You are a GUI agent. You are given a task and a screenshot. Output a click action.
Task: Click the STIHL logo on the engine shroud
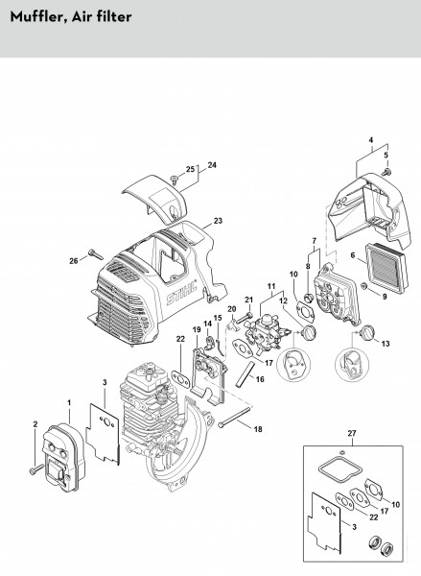pos(181,293)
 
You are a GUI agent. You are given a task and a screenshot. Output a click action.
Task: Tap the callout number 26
pos(74,261)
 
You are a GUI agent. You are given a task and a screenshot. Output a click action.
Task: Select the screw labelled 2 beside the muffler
pos(36,469)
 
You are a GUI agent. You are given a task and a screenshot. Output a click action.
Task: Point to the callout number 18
pos(258,429)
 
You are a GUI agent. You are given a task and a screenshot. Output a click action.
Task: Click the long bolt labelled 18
pos(235,416)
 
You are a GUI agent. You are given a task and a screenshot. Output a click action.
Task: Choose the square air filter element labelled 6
pos(386,269)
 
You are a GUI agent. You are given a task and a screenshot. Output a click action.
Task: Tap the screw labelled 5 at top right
pos(386,172)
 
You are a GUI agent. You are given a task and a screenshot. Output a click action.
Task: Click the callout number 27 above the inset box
pos(352,434)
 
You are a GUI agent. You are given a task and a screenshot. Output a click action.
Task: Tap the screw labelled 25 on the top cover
pos(174,180)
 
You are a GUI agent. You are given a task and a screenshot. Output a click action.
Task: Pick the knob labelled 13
pos(366,333)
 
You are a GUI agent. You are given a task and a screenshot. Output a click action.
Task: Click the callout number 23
pos(218,221)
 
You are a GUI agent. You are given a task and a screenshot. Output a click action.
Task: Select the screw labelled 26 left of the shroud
pos(96,254)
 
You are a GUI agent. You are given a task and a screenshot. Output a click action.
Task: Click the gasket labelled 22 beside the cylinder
pos(180,379)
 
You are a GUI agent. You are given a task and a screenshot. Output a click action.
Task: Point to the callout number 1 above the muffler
pos(69,403)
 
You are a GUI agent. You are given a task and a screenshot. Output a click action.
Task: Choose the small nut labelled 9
pos(363,285)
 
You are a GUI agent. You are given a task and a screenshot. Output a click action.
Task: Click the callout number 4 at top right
pos(371,140)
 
